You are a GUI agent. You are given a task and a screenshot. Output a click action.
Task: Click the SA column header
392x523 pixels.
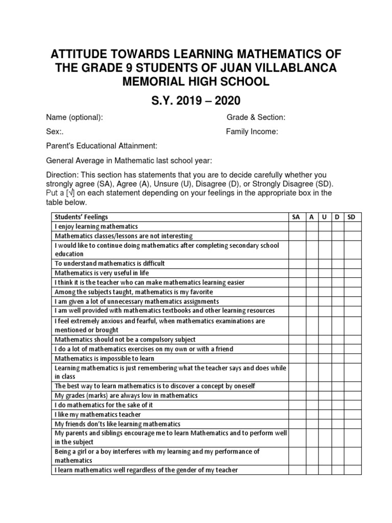(296, 217)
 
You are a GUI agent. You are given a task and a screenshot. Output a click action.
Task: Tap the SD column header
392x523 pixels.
(351, 217)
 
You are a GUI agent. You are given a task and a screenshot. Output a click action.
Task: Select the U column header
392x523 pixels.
(324, 217)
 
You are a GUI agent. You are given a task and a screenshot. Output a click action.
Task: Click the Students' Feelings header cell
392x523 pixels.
(81, 217)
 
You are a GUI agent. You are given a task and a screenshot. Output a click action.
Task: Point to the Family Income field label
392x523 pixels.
(252, 132)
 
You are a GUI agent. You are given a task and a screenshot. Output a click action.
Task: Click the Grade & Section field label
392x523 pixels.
(256, 117)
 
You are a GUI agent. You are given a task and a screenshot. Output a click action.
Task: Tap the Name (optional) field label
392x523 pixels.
(75, 117)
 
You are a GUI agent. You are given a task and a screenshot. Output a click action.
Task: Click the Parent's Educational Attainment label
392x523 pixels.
(102, 146)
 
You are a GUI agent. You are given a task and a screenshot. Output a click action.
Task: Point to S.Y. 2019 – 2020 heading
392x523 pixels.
(196, 99)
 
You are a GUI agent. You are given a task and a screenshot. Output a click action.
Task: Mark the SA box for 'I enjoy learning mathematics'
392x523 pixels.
(296, 226)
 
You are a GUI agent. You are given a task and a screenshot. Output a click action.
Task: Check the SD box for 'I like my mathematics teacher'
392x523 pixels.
(351, 414)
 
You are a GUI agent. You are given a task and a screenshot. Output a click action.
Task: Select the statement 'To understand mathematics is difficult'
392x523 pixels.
(110, 263)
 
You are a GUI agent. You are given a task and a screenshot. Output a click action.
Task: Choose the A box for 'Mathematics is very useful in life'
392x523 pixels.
(311, 273)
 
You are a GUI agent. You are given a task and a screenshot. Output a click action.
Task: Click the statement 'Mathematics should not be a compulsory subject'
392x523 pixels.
(125, 339)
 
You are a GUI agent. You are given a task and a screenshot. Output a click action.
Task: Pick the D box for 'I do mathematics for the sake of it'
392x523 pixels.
(337, 405)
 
